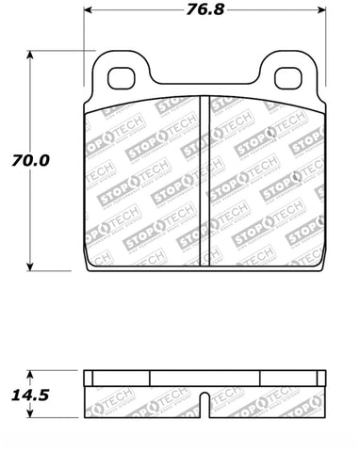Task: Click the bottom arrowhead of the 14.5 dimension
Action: [x=31, y=411]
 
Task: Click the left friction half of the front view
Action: [x=146, y=179]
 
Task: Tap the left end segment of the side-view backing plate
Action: [x=117, y=376]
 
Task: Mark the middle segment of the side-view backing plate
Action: [x=205, y=376]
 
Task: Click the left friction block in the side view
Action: [x=146, y=397]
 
